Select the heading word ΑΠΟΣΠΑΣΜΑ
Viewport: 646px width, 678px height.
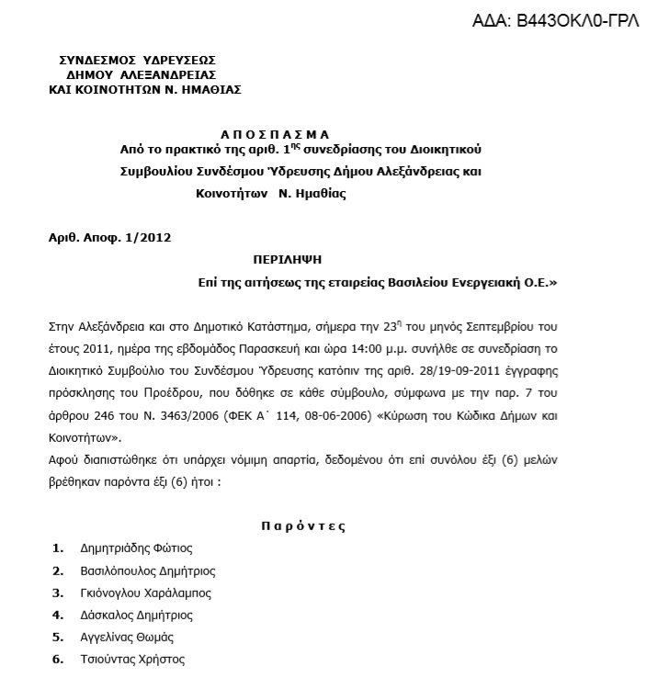coord(274,133)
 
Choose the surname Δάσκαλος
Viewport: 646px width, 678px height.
coord(107,615)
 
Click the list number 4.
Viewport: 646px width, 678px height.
coord(58,615)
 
